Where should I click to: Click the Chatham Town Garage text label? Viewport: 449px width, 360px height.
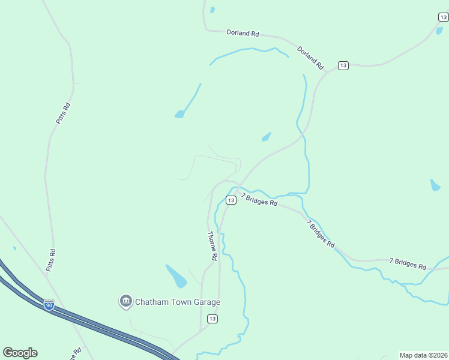(177, 302)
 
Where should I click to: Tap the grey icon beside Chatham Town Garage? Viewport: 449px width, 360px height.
(125, 301)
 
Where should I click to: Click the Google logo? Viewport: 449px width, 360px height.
(20, 352)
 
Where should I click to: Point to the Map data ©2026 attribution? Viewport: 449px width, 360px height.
(423, 355)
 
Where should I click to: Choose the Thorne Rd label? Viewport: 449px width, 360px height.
(212, 245)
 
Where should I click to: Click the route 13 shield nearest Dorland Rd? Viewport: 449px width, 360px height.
(343, 65)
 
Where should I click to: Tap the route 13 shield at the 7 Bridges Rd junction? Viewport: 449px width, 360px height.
(231, 200)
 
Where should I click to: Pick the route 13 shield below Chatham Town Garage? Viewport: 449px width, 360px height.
(212, 318)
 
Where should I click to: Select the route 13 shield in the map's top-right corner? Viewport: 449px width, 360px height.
(443, 17)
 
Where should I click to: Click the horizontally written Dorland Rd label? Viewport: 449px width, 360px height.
(243, 33)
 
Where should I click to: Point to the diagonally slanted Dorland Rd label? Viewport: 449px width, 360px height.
(310, 56)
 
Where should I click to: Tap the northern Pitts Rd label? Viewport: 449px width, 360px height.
(63, 113)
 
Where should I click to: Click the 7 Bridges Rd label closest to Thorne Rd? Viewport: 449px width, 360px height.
(259, 200)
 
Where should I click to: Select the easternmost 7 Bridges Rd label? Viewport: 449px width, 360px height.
(408, 263)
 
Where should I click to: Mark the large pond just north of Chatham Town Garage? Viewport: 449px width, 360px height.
(176, 276)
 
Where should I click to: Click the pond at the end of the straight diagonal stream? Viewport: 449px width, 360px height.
(179, 114)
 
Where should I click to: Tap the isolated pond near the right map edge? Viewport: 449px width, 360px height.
(435, 185)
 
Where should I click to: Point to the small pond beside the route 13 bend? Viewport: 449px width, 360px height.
(265, 137)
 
